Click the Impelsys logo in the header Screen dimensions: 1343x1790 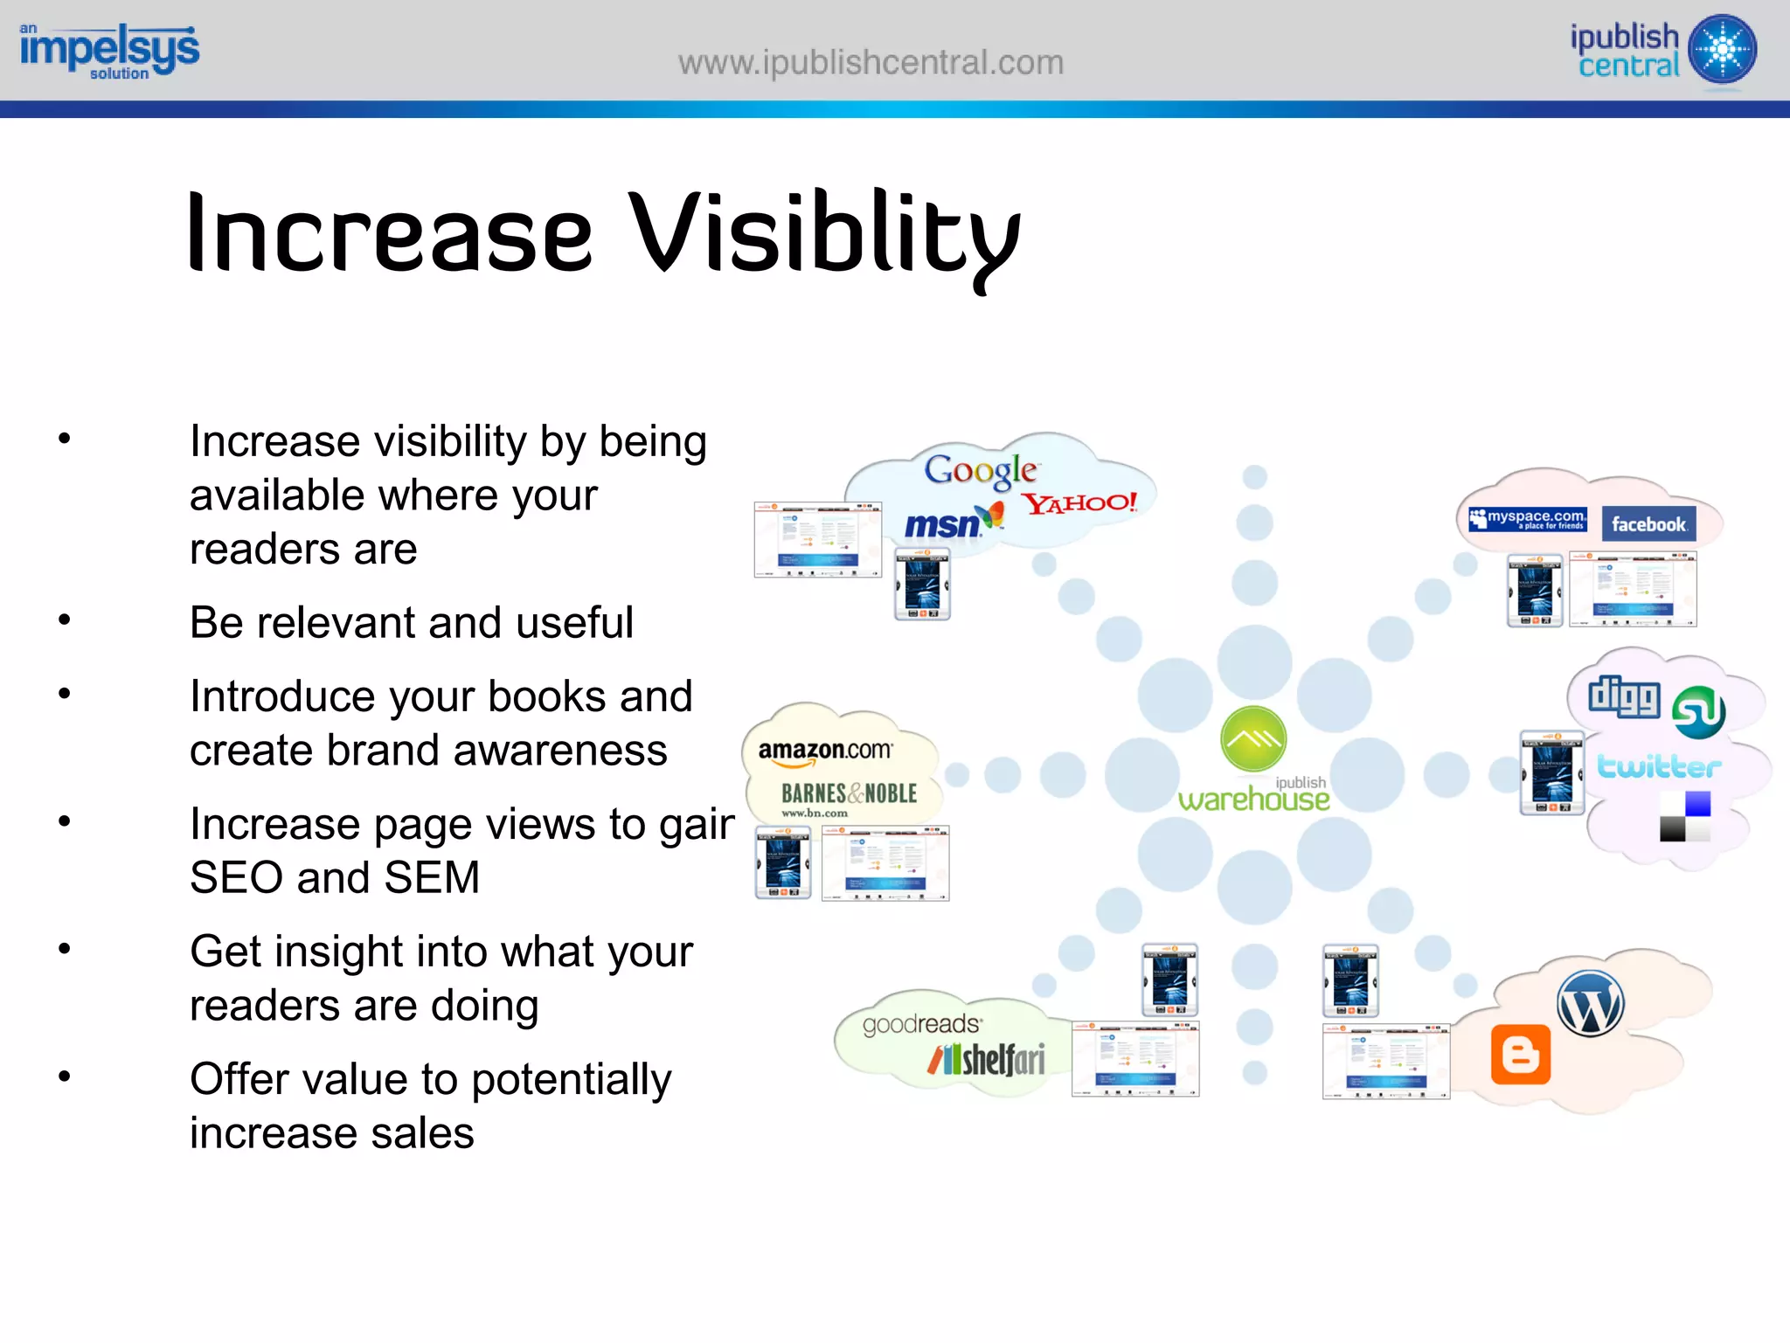coord(109,51)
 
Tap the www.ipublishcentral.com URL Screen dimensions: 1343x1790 coord(871,63)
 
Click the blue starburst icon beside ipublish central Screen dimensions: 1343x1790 coord(1722,49)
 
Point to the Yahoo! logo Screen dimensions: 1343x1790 coord(1080,503)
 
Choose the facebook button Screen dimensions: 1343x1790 coord(1648,524)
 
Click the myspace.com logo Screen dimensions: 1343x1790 coord(1528,519)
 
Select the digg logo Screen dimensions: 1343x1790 coord(1624,696)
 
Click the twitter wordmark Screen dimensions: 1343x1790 coord(1659,766)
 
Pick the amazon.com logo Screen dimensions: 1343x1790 coord(825,751)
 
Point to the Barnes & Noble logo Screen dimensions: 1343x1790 coord(848,794)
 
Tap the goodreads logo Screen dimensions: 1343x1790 coord(921,1024)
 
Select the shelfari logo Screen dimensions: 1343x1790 coord(988,1060)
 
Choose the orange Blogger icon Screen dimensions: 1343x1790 coord(1520,1055)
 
